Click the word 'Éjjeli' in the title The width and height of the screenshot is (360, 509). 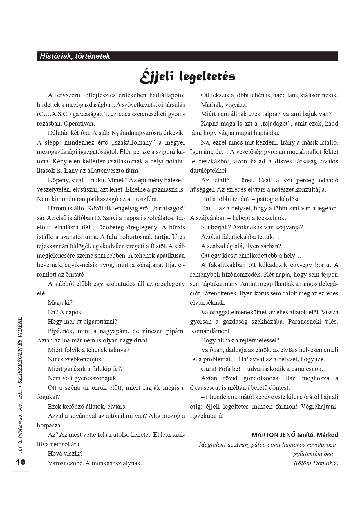click(x=157, y=77)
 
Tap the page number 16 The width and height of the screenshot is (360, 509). click(x=21, y=462)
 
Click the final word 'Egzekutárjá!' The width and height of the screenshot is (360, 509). click(x=207, y=416)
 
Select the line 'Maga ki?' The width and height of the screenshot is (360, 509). click(x=60, y=303)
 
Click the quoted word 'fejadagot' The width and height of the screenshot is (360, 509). click(x=276, y=124)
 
